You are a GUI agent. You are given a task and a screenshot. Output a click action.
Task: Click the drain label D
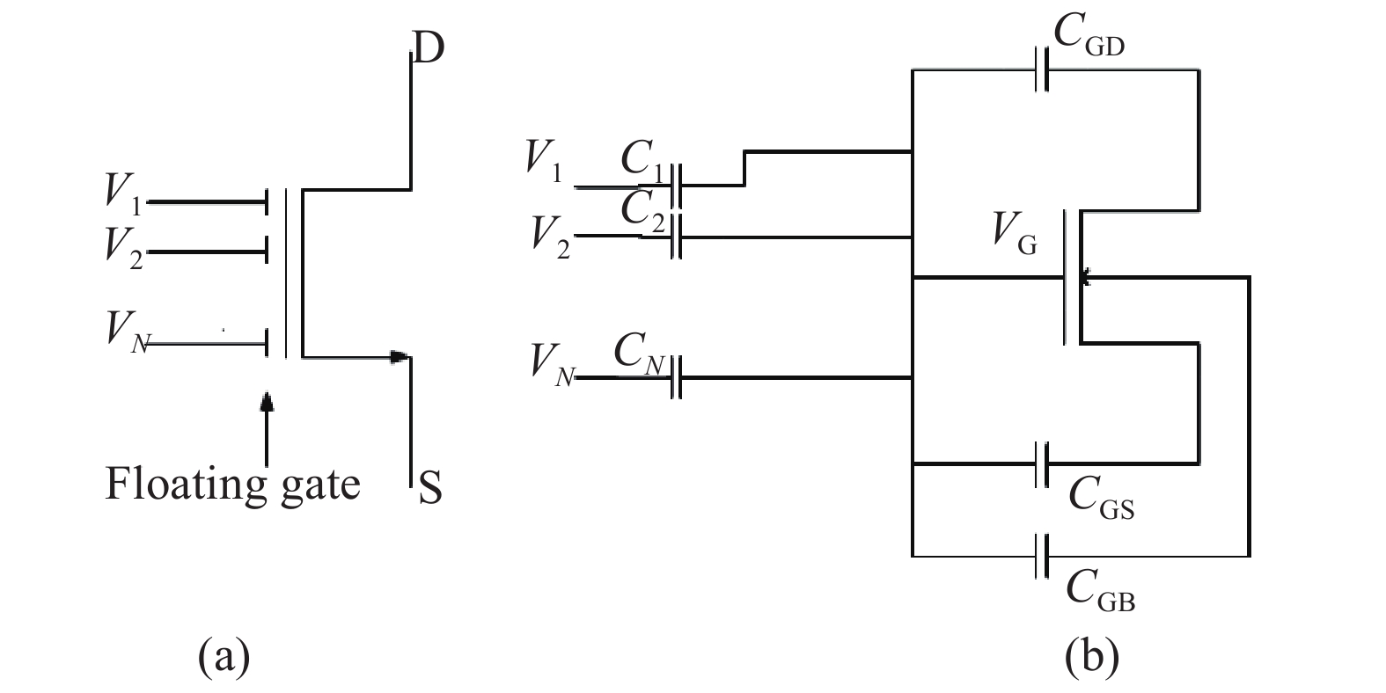(x=428, y=49)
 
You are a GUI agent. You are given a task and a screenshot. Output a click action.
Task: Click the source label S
(x=429, y=488)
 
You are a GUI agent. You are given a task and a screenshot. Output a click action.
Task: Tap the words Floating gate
(x=232, y=484)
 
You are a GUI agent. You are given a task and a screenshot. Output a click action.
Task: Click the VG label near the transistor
(x=1015, y=234)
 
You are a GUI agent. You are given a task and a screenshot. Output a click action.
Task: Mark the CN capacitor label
(x=639, y=354)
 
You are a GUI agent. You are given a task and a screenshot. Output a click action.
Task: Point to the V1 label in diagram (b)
(x=544, y=159)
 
